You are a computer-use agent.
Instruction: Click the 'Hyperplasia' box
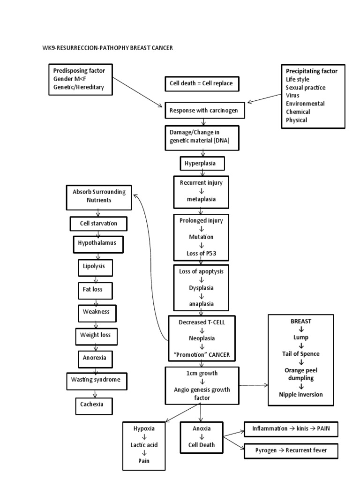[x=202, y=164]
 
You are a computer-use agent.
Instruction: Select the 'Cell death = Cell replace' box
[x=202, y=84]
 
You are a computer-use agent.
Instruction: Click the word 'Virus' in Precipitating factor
[x=293, y=95]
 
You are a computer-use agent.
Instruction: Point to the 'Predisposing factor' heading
[x=79, y=70]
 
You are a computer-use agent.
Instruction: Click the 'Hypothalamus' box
[x=97, y=244]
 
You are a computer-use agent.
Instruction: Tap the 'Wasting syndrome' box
[x=96, y=380]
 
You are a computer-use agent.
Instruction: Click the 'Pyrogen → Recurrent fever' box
[x=291, y=450]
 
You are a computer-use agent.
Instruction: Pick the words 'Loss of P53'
[x=202, y=255]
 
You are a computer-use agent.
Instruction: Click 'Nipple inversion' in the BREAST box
[x=301, y=395]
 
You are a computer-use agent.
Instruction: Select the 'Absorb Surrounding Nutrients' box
[x=99, y=196]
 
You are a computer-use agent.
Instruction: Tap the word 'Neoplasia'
[x=202, y=338]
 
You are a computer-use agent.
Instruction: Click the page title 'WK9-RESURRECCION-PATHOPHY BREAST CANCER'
[x=108, y=48]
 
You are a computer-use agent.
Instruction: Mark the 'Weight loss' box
[x=96, y=336]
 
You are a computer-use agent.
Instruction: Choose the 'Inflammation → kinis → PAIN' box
[x=291, y=428]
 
